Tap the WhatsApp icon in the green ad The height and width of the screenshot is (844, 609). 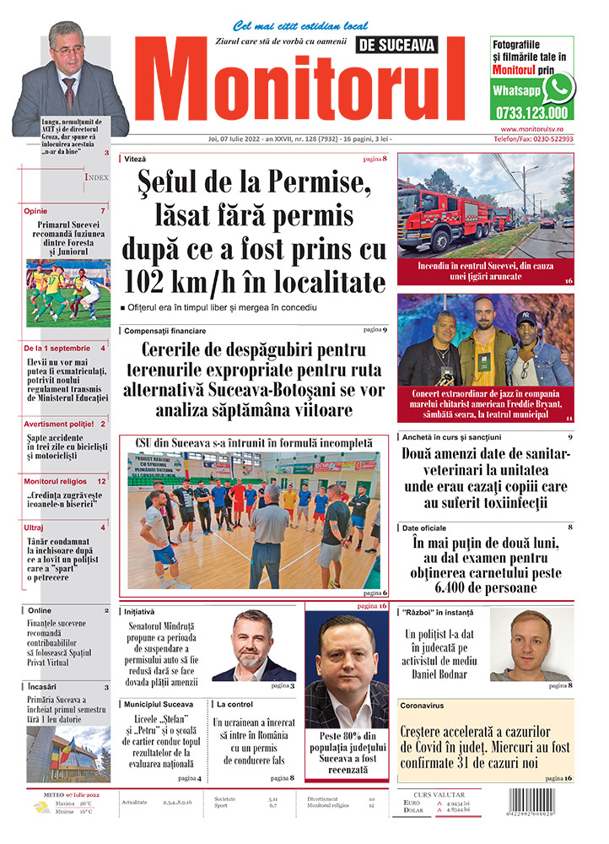coord(558,88)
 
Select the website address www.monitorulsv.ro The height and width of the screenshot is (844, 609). coord(531,128)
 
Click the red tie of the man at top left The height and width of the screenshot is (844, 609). coord(71,89)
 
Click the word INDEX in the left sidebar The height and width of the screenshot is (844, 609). coord(95,177)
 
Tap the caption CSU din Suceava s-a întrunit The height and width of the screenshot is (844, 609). coord(253,441)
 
